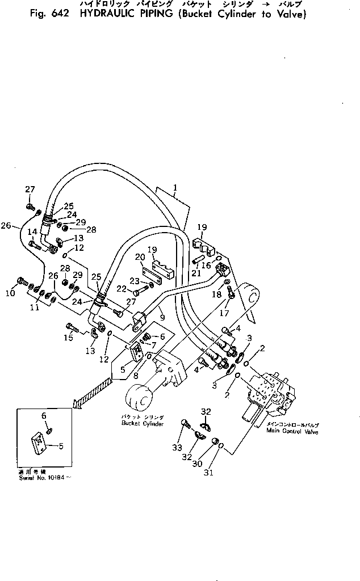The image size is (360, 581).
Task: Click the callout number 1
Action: coord(175,187)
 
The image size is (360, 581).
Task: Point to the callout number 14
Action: coord(32,231)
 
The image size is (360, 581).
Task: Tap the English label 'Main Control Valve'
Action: coord(292,431)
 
